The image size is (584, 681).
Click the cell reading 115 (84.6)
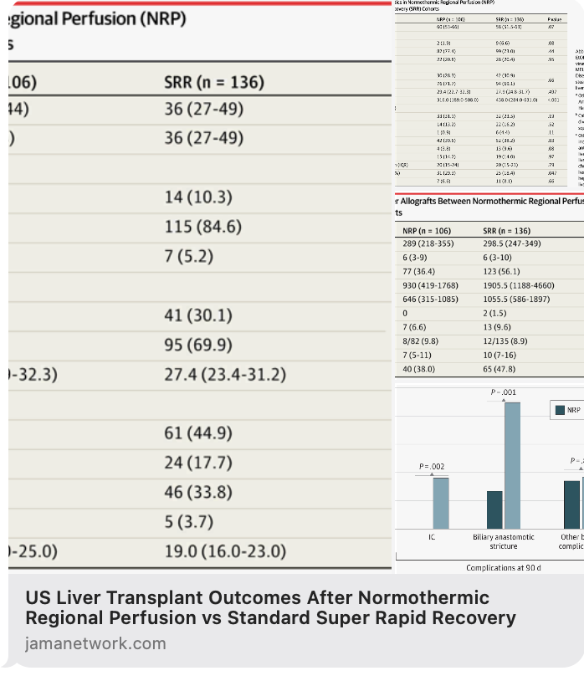[x=202, y=227]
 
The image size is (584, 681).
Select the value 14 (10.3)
[x=197, y=197]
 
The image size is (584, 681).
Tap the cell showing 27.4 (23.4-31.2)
[x=224, y=375]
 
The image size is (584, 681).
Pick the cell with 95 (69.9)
[x=197, y=345]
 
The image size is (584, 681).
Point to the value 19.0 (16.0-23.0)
[x=224, y=551]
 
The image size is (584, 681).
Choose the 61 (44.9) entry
[x=197, y=433]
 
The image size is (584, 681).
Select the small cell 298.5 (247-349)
[x=512, y=243]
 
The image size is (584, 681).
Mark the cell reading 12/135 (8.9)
[x=506, y=341]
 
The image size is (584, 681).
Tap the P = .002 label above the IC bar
[x=432, y=466]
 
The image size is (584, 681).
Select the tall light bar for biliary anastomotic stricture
[x=512, y=465]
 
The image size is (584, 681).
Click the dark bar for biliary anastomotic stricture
[x=494, y=509]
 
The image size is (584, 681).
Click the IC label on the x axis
[x=432, y=536]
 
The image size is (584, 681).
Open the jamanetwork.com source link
[x=95, y=643]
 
